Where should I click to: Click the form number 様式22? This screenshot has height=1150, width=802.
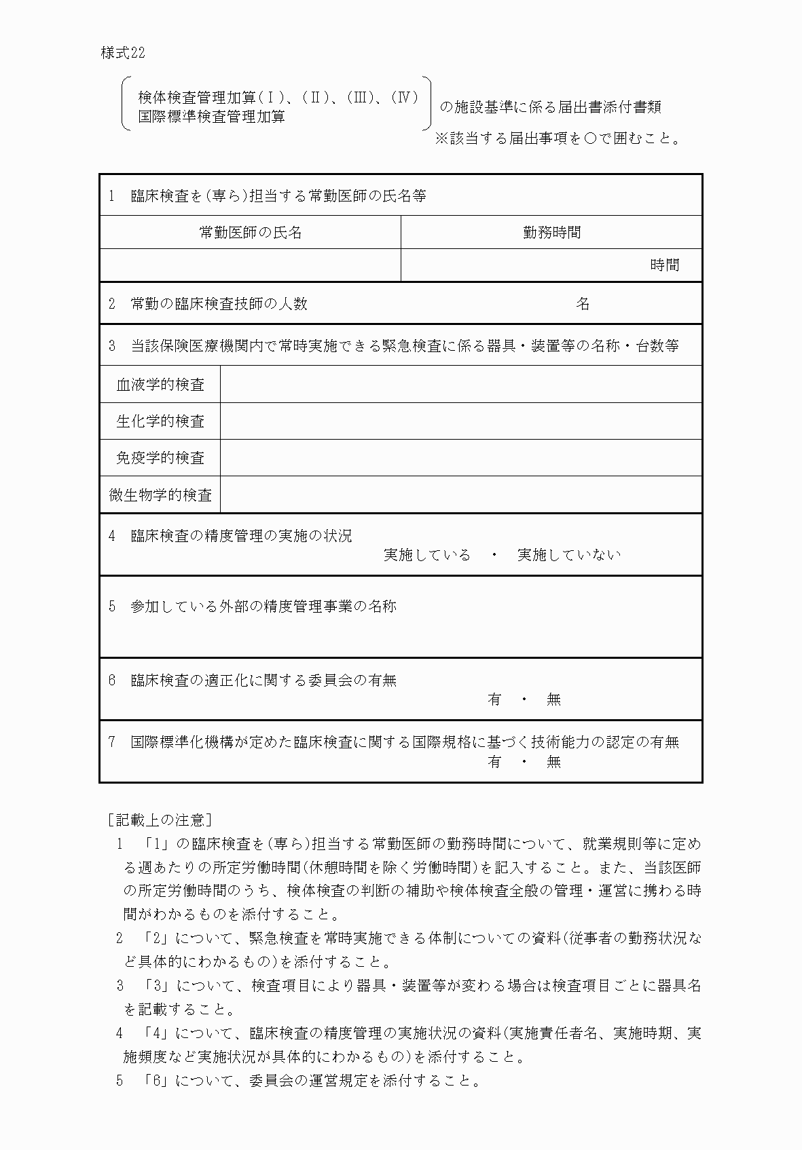coord(122,54)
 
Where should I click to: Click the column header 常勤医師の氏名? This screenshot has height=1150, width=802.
coord(250,233)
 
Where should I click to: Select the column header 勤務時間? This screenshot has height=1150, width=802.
coord(551,233)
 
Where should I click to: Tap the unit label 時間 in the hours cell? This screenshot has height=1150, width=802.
coord(664,265)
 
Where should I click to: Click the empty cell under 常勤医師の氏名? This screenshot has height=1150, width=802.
coord(250,265)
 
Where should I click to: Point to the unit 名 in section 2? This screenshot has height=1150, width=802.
coord(583,304)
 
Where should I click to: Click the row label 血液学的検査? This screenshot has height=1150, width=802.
coord(160,385)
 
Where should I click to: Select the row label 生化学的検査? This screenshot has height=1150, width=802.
coord(160,421)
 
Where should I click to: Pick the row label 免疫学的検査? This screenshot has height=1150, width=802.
coord(160,458)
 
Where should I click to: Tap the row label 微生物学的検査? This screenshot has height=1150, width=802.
coord(160,495)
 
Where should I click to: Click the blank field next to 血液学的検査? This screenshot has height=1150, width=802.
coord(460,385)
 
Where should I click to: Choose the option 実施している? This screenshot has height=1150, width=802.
coord(426,555)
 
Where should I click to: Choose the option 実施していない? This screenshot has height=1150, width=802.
coord(569,555)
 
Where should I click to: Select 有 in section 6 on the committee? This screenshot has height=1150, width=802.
coord(494,699)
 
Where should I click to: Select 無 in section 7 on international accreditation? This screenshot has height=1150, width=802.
coord(553,762)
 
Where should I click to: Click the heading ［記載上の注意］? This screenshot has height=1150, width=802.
coord(160,820)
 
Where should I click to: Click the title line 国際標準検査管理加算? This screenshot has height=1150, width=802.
coord(211,117)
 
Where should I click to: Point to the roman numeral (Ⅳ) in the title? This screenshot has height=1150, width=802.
coord(405,98)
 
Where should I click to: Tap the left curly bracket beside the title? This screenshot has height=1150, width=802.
coord(126,103)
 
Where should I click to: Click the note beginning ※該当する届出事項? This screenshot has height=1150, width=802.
coord(557,139)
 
